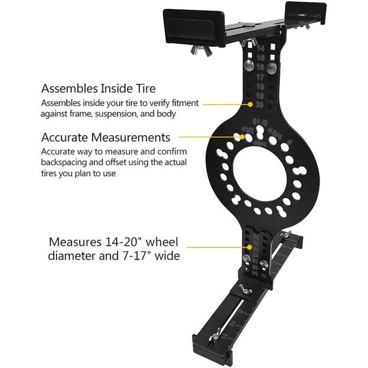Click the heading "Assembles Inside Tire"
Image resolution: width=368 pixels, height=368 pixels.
pyautogui.click(x=98, y=88)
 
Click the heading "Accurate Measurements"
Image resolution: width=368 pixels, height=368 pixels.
pyautogui.click(x=106, y=137)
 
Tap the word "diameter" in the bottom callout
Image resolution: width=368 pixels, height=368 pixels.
pyautogui.click(x=71, y=256)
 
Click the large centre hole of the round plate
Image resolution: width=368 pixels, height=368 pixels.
pyautogui.click(x=263, y=173)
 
